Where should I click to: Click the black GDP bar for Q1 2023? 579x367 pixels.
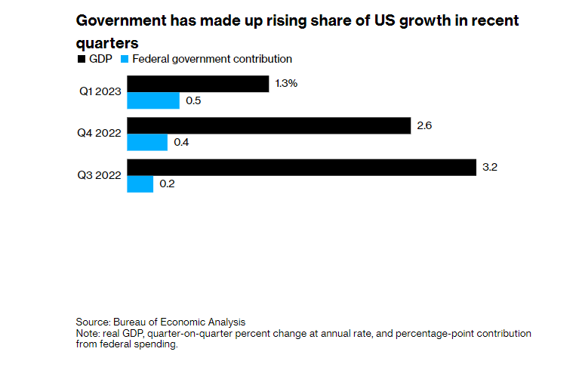[x=198, y=84]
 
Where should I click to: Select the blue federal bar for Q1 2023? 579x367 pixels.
[x=152, y=100]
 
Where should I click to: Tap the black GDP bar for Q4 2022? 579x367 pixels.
[x=268, y=125]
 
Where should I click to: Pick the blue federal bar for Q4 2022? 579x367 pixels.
[x=146, y=142]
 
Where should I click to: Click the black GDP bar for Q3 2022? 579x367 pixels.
[x=300, y=167]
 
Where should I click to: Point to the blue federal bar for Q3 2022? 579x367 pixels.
[x=140, y=183]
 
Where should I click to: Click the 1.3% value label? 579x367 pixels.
[x=286, y=84]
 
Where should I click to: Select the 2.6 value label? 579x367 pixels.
[x=423, y=125]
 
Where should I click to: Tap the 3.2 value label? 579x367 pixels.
[x=489, y=167]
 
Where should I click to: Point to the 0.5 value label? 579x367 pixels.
[x=193, y=100]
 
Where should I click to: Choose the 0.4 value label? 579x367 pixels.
[x=181, y=142]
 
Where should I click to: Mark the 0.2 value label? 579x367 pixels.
[x=168, y=183]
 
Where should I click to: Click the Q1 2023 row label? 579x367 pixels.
[x=98, y=92]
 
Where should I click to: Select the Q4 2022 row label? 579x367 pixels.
[x=98, y=134]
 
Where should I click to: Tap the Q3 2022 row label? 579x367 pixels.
[x=98, y=175]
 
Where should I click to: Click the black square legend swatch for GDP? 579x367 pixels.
[x=81, y=59]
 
